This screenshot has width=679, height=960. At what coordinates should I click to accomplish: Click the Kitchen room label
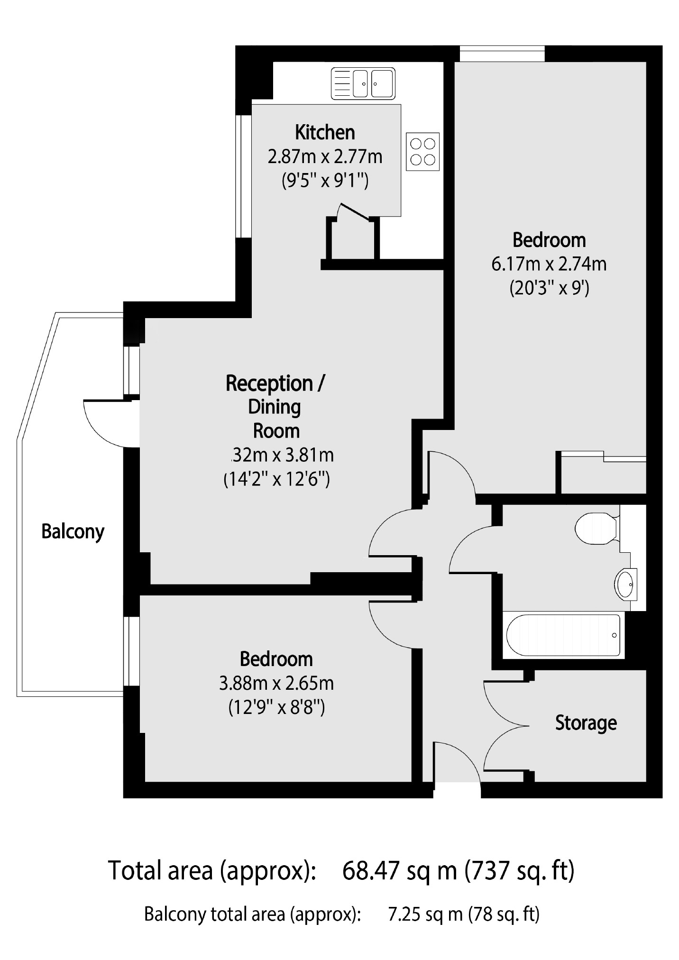coord(325,132)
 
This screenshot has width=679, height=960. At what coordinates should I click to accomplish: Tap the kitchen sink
coord(363,83)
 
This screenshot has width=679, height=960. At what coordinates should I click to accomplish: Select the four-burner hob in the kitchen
coord(422,151)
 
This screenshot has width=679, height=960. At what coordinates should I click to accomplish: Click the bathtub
coord(563,635)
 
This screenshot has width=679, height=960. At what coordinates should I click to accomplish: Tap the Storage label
coord(586,723)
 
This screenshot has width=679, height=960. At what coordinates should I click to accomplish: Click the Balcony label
coord(73,531)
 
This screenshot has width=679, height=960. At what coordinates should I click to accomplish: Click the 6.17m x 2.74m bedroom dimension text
coord(549,264)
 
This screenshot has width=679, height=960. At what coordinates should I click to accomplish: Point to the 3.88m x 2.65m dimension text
coord(276,683)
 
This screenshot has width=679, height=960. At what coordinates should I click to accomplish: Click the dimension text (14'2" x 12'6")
coord(276,479)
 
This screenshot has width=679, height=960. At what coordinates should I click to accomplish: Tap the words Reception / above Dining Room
coord(275,383)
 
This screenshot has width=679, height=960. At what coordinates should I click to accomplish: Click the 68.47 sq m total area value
coord(399,870)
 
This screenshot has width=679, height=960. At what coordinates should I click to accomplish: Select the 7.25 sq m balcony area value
coord(425,914)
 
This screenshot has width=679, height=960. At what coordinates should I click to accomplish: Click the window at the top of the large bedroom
coord(502,53)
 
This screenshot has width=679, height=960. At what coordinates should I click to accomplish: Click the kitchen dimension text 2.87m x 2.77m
coord(325,156)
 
